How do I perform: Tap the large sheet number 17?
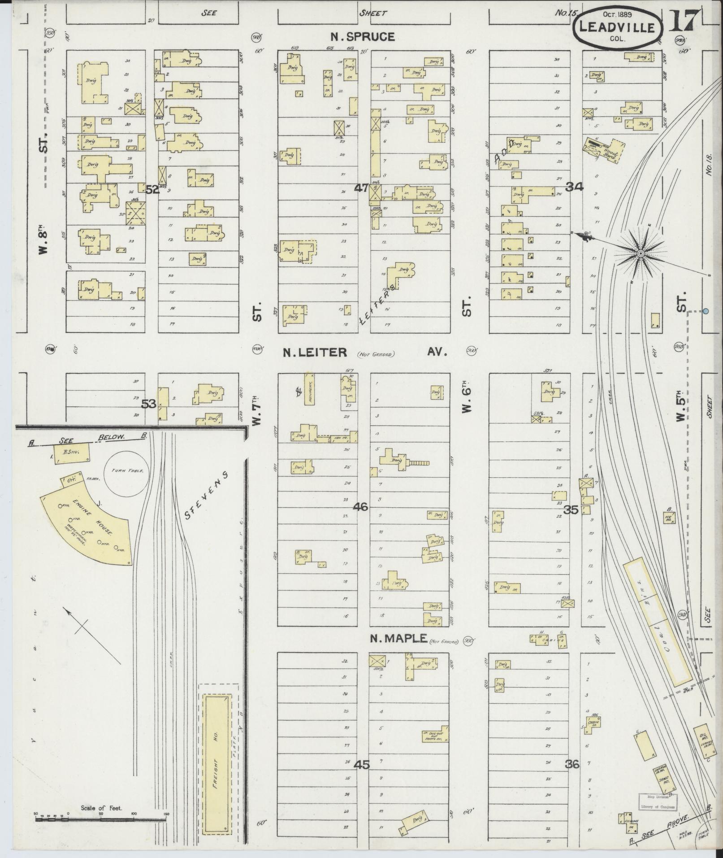[x=684, y=21]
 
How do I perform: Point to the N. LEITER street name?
[x=315, y=353]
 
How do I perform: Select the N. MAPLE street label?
[x=398, y=639]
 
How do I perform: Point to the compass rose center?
[x=641, y=254]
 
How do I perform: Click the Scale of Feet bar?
[x=101, y=818]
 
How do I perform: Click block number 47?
[x=361, y=188]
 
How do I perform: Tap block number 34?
[x=574, y=187]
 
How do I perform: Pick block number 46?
[x=360, y=507]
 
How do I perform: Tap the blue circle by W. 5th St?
[x=706, y=311]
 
